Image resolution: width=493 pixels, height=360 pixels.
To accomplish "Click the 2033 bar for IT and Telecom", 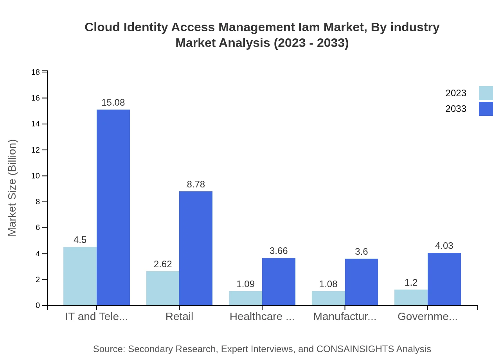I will point(113,207).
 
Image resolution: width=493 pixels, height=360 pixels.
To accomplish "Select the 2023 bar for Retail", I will point(163,288).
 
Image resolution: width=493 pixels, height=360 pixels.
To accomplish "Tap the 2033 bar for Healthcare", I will point(279,281).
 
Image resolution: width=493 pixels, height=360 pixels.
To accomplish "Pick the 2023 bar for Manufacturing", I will point(328,298).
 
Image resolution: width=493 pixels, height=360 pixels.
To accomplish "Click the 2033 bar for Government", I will point(444,279).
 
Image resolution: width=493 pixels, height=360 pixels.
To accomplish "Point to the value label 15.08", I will point(113,103).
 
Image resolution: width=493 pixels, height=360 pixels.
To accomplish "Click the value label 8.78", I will point(196,184).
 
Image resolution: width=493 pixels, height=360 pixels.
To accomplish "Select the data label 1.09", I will point(245,284).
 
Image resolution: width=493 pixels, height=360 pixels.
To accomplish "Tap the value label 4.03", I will point(444,246).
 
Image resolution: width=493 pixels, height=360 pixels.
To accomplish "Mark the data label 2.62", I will point(163,264).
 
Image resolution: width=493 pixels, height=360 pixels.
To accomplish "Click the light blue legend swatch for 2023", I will point(486,93).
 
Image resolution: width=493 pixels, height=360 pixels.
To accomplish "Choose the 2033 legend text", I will point(456,109).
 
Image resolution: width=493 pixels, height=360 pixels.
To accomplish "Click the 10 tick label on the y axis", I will point(36,176).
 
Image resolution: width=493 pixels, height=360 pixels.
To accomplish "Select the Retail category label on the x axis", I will point(179,316).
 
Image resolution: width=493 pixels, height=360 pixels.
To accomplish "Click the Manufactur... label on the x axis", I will point(345,316).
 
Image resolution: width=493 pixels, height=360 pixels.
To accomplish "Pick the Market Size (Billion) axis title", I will point(13,188).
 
